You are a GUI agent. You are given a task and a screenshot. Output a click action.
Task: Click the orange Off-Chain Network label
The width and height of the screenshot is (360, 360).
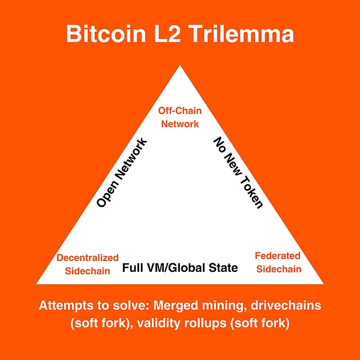pos(179,116)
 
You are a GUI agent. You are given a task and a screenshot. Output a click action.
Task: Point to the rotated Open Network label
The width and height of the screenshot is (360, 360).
pos(122,173)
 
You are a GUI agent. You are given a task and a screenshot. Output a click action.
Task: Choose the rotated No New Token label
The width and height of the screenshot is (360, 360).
pos(238,173)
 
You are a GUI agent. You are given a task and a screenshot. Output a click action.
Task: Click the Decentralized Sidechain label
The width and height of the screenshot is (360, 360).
pos(88,264)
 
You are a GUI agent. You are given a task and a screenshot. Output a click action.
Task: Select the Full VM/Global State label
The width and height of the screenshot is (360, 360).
pos(180,268)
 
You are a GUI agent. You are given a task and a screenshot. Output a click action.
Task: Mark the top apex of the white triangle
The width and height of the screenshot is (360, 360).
pos(180,64)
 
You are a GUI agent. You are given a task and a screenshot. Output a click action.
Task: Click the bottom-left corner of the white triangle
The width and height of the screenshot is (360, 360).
pos(38,283)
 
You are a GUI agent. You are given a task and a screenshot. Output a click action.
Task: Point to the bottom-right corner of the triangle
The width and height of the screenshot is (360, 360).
pos(323,283)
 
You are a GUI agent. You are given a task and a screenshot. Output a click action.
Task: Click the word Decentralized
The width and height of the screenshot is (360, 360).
pos(88,257)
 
